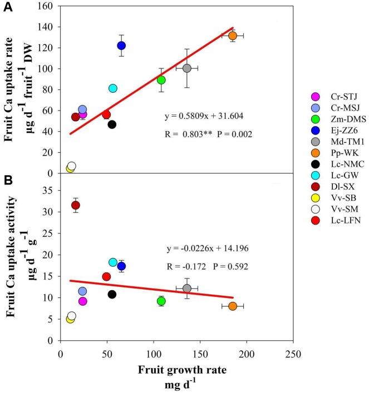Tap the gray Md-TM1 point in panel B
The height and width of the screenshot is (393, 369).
[187, 288]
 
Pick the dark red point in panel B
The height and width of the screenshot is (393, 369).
[76, 205]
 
